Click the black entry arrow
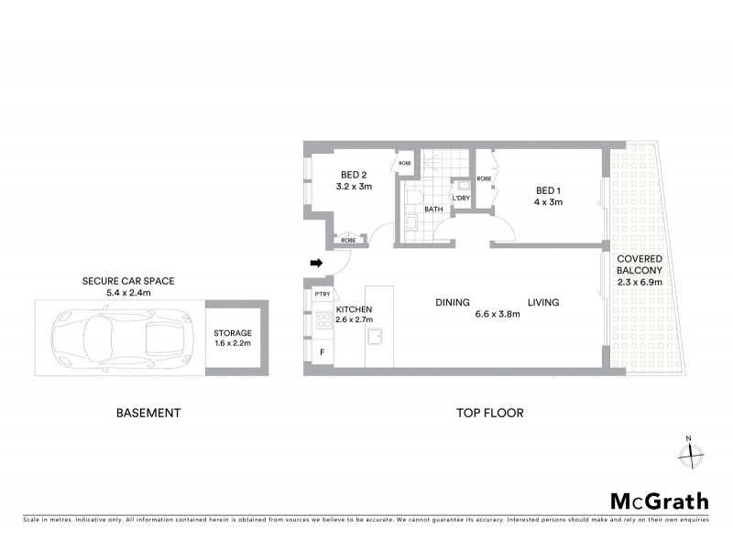click(317, 264)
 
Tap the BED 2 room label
click(354, 175)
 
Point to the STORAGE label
click(233, 334)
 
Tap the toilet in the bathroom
click(413, 198)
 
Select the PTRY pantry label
click(322, 295)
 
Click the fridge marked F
click(322, 351)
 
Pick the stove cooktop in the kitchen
click(323, 321)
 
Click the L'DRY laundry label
click(461, 199)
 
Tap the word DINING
click(453, 303)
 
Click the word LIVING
click(542, 303)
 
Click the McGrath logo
click(659, 501)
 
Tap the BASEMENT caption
click(148, 413)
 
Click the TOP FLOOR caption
click(490, 413)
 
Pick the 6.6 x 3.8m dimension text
click(498, 315)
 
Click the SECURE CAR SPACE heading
click(128, 281)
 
